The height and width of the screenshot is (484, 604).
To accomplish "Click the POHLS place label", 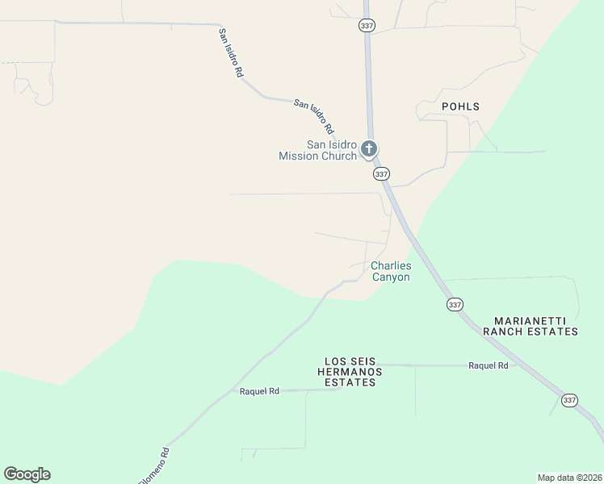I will coord(460,106).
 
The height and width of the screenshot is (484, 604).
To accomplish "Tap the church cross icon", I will coord(369,148).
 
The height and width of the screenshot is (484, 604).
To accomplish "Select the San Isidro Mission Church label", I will coord(318,151).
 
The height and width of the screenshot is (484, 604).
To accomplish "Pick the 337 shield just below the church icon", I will coord(382,173).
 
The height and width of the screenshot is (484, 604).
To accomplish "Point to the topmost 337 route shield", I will coord(366,26).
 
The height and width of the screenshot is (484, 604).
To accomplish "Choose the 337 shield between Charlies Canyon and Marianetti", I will coord(455,304).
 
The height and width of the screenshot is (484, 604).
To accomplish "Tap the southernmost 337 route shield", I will coord(570,400).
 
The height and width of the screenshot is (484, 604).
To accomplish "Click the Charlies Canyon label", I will coord(391,272).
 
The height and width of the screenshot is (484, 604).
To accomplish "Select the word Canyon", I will coord(391,277).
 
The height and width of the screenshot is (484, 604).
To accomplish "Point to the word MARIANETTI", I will coord(528,320).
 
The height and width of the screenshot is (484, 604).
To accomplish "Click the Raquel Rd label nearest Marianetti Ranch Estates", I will coord(488,365).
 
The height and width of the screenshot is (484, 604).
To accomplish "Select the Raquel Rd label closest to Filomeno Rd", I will coord(259,391).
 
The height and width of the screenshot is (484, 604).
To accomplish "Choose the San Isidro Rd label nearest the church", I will coord(313,115).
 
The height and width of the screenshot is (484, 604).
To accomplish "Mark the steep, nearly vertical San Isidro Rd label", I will coord(230,52).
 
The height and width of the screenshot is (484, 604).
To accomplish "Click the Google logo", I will coord(27,474).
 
